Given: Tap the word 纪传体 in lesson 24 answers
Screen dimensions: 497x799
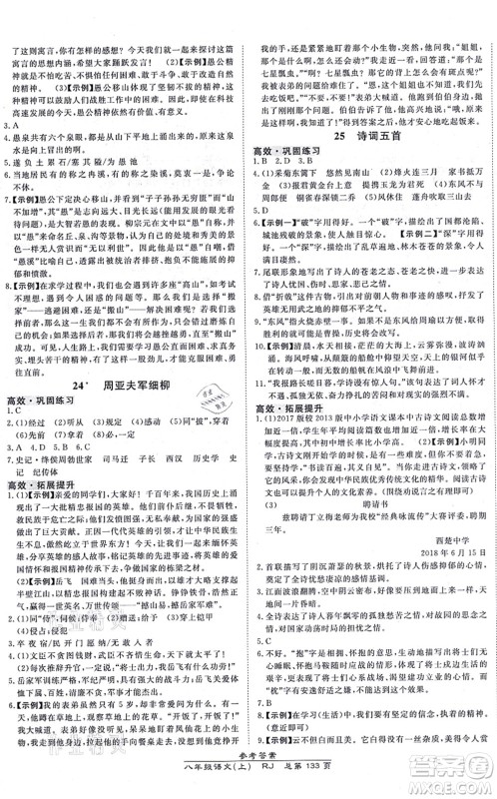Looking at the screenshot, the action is coord(60,475).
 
